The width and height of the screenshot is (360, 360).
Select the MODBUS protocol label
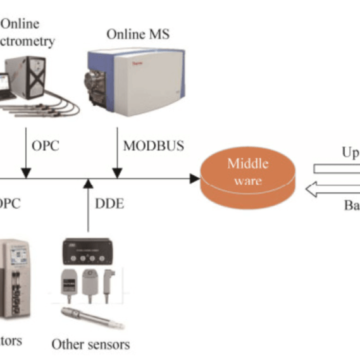point(153,146)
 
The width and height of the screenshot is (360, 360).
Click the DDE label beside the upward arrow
point(109,204)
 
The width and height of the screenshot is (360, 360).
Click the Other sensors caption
point(90,344)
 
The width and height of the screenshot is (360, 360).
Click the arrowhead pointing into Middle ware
point(194,179)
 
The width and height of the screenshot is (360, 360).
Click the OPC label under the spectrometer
point(44,146)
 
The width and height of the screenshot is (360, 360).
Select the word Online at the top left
point(20,24)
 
